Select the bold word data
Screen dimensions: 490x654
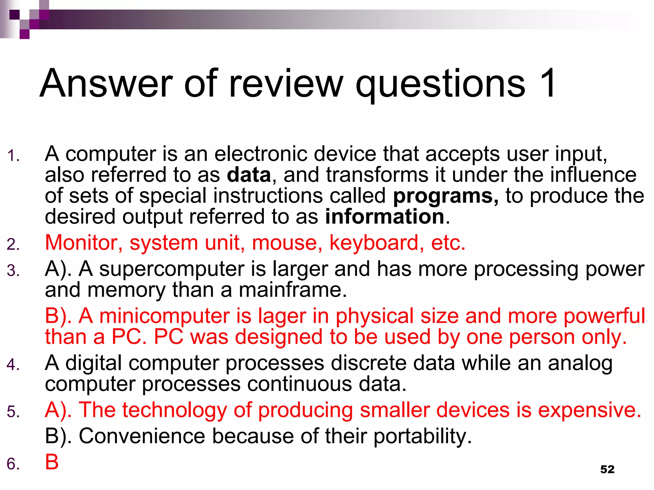[249, 175]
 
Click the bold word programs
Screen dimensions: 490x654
[445, 196]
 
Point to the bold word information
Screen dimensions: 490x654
[385, 217]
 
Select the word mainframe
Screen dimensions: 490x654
[292, 290]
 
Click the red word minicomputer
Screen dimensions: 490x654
[164, 316]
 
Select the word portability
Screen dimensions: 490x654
[422, 436]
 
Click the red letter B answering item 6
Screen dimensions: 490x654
[52, 462]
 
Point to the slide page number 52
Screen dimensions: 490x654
[607, 469]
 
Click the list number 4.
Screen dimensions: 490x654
[13, 364]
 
